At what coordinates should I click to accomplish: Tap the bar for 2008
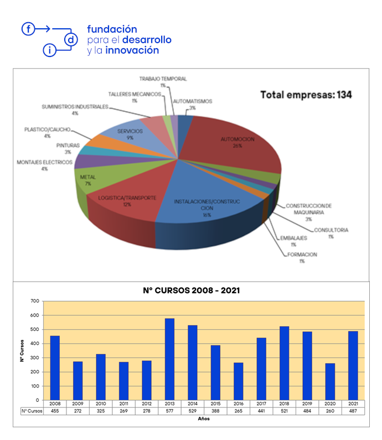click(55, 367)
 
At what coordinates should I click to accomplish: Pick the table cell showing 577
click(169, 411)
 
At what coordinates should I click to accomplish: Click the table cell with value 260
click(330, 411)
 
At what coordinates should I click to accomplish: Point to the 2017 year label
click(261, 404)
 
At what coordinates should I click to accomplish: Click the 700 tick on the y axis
click(35, 301)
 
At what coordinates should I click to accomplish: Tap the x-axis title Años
click(204, 419)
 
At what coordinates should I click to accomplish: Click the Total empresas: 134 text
click(306, 95)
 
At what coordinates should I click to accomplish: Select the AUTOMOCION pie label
click(237, 139)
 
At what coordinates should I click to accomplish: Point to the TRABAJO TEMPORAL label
click(163, 79)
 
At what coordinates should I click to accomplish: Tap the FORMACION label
click(302, 254)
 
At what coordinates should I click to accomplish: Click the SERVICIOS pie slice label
click(130, 131)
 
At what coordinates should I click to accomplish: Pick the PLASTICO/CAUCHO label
click(47, 130)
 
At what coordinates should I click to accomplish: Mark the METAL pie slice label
click(88, 177)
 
